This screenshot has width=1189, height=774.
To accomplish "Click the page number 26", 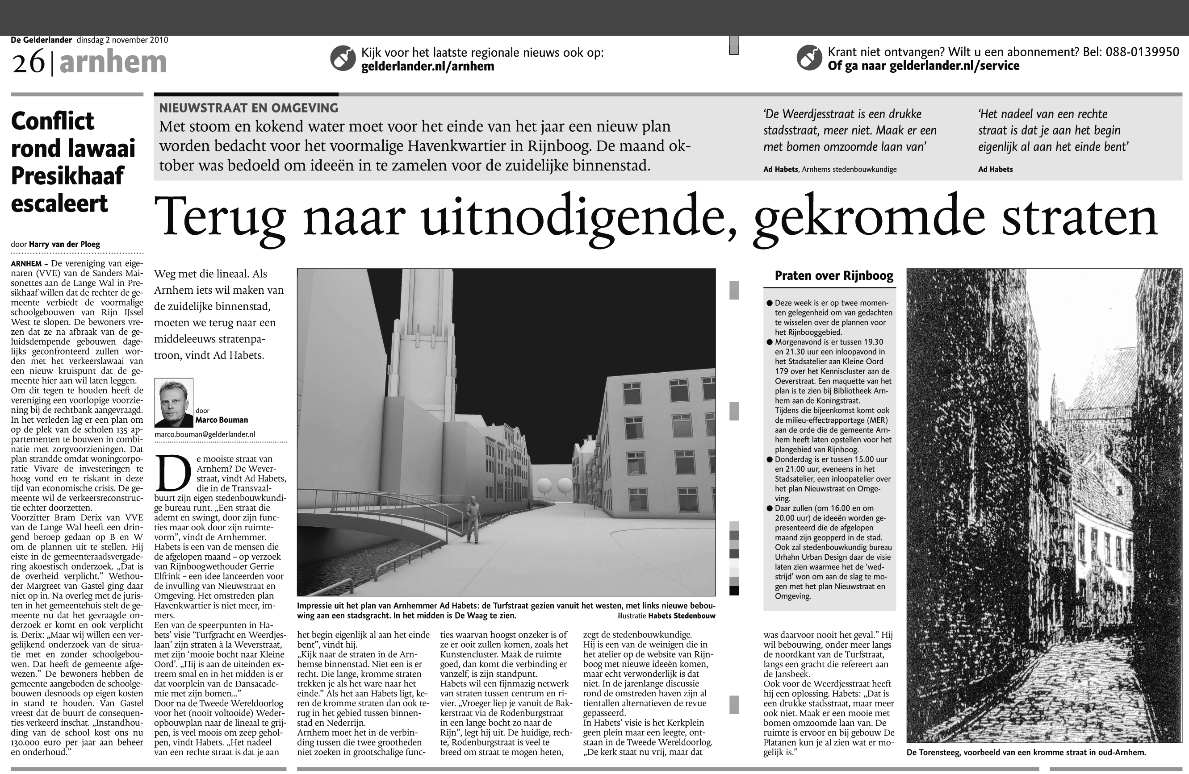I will [28, 63].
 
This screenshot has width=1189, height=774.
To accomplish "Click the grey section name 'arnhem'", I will [113, 62].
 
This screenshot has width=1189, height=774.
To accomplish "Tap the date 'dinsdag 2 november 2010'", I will [122, 40].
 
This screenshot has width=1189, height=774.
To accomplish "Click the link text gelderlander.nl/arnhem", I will [427, 67].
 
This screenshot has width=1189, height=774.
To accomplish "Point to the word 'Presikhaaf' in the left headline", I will [67, 176].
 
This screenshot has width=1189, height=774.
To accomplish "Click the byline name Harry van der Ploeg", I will [64, 244].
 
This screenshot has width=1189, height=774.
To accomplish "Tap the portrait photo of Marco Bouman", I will [174, 403].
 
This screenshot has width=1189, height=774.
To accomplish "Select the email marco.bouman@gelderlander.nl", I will [205, 434].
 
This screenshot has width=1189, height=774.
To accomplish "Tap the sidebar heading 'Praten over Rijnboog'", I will [833, 276].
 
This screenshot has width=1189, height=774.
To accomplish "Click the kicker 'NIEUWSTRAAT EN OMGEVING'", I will [249, 108].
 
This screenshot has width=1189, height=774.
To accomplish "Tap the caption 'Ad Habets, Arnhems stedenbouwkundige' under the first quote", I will [830, 169].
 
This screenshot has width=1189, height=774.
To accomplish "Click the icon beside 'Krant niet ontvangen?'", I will [809, 58].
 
